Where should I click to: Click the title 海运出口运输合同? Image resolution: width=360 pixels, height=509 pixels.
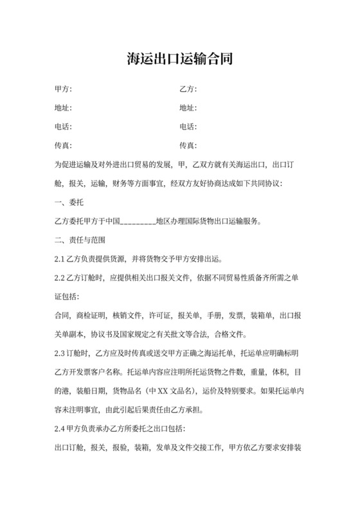(x=179, y=60)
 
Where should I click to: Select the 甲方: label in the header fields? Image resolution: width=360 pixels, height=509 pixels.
(x=64, y=89)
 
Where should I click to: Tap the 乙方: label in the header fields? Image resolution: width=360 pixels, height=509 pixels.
(x=188, y=89)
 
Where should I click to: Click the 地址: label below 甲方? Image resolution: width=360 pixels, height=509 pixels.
(x=64, y=108)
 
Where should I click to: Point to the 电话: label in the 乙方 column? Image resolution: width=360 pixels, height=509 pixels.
(x=188, y=127)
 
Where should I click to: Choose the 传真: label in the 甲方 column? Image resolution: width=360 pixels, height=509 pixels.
(x=64, y=145)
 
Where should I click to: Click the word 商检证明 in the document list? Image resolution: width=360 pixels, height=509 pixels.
(x=91, y=316)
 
